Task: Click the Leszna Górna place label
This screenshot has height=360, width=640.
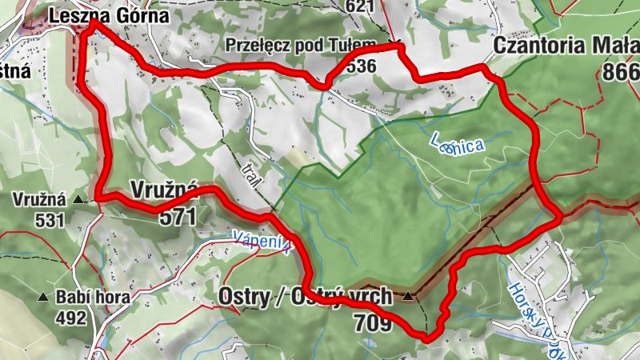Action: pos(109,15)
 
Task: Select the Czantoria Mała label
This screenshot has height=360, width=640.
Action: pos(566,45)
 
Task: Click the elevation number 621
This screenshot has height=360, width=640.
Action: pos(361,6)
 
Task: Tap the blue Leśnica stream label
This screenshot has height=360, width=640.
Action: pos(456,144)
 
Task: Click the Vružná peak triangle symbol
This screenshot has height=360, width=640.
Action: pos(79,198)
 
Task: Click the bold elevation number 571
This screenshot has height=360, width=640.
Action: pos(177,215)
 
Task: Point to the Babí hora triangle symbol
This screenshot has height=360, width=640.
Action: pos(43,297)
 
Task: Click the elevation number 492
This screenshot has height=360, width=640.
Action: pos(70,318)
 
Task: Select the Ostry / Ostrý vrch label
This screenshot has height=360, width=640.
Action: pos(305,296)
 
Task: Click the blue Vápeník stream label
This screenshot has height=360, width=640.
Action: pos(262,240)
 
